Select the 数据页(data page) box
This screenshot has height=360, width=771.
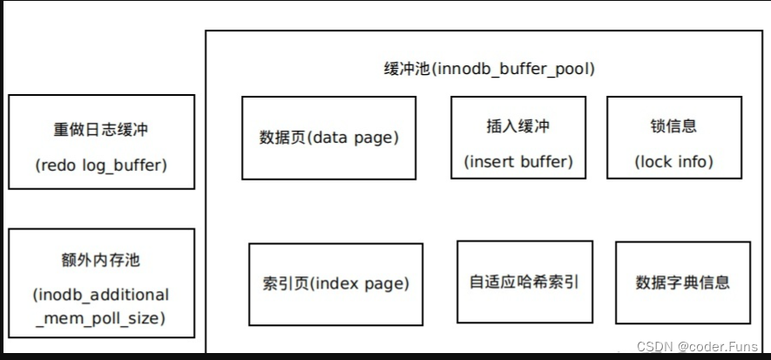[329, 138]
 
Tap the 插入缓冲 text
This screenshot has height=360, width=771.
[517, 126]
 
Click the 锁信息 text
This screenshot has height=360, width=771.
[673, 126]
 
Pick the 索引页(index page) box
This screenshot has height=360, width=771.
[335, 283]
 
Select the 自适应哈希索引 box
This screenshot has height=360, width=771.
[524, 282]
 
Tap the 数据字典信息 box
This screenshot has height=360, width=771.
[683, 282]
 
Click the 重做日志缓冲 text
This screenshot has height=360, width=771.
[101, 129]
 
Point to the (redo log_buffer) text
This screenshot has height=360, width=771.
[101, 164]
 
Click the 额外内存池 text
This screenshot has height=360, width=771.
[101, 261]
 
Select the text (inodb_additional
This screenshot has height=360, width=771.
[101, 294]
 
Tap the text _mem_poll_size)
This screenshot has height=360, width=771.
[101, 318]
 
